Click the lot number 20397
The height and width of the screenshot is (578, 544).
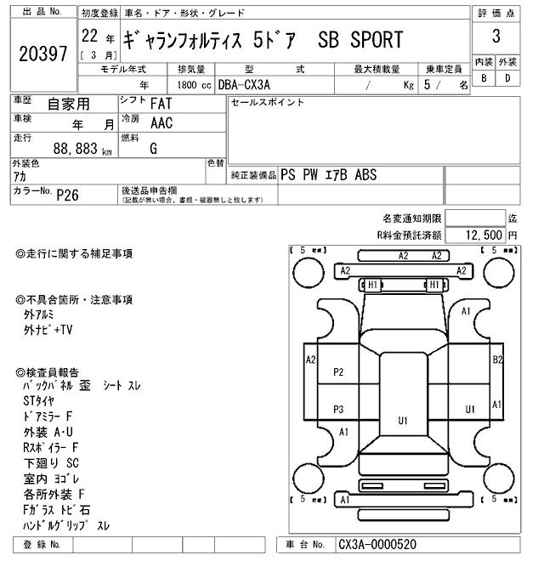42,54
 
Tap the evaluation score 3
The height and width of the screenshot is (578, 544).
496,38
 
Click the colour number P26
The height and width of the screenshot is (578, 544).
67,195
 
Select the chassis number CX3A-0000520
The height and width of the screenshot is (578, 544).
377,544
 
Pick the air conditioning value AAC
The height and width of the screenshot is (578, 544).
161,123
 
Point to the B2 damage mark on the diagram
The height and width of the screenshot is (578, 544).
498,359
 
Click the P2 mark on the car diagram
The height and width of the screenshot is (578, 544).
338,371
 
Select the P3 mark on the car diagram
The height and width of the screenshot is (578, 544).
338,409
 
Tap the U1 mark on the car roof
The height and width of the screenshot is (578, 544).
403,420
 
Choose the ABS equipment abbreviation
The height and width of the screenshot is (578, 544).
366,175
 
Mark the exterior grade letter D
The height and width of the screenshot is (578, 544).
507,78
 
